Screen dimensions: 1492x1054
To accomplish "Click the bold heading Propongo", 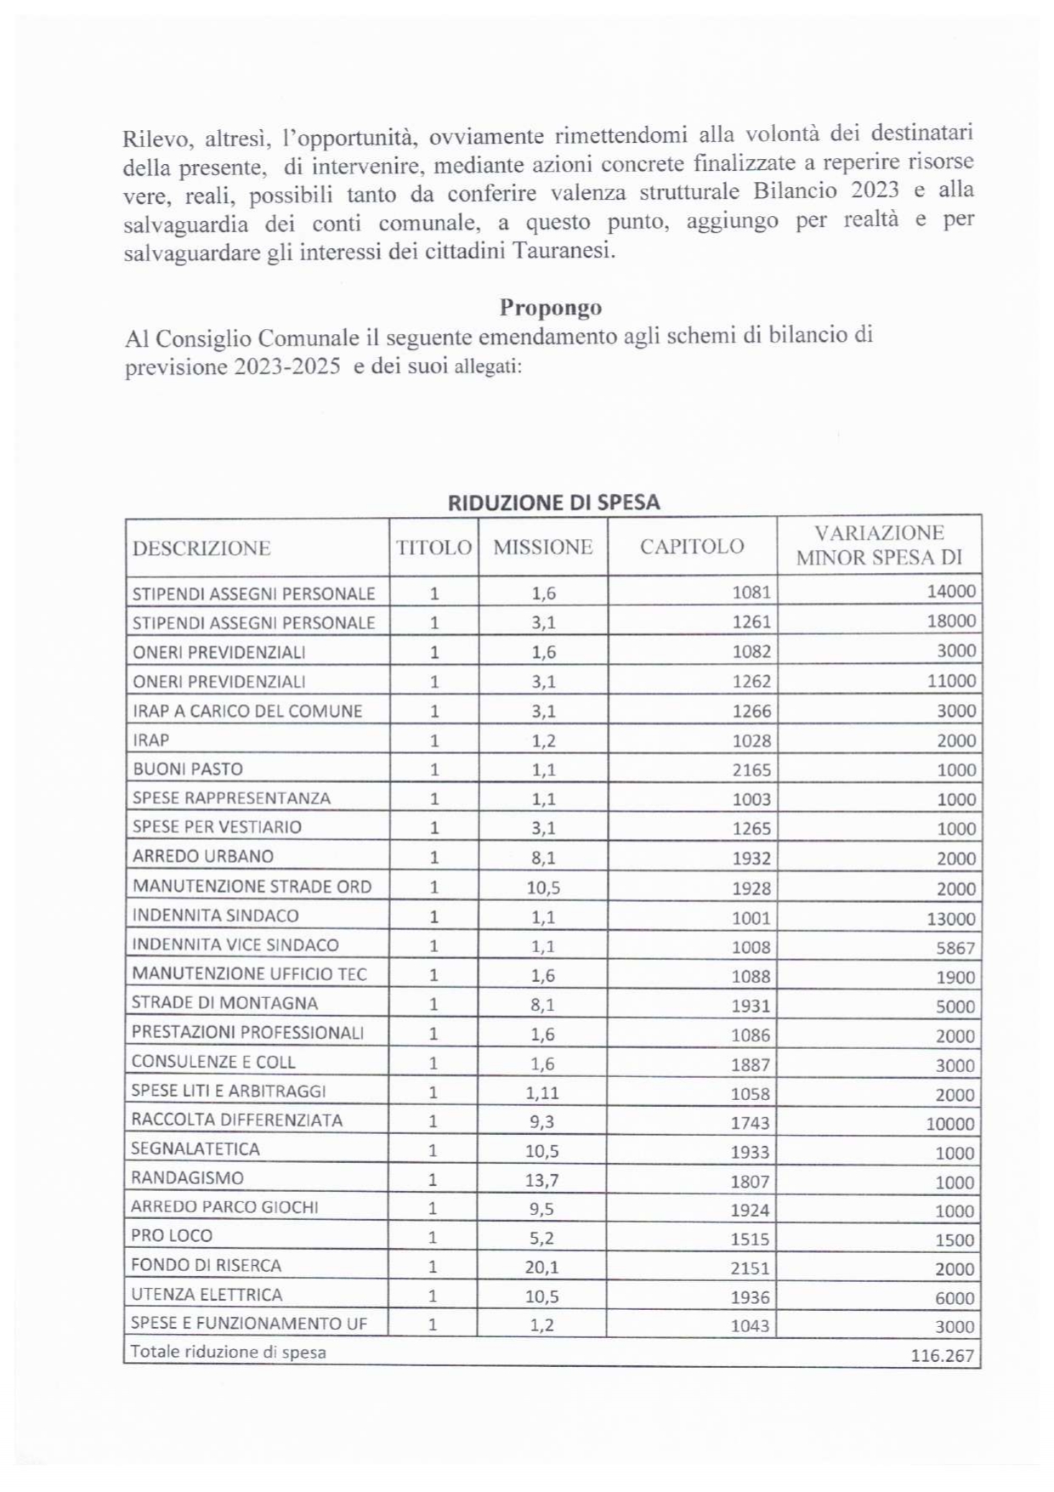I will click(550, 307).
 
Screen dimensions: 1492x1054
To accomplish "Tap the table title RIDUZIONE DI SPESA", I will click(553, 502).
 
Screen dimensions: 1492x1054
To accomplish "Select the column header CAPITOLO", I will click(691, 547).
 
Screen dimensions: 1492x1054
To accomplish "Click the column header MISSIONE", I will click(542, 547).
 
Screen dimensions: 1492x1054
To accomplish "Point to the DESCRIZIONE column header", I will click(201, 548).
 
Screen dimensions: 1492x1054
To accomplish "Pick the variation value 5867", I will click(955, 948).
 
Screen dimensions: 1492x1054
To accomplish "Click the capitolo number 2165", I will click(751, 770).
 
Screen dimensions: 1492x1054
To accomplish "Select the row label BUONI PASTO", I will click(188, 769).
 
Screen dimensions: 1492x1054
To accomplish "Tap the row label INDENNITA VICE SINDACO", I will click(235, 945).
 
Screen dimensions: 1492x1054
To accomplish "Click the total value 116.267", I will click(942, 1355).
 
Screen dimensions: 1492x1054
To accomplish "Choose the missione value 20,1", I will click(541, 1268).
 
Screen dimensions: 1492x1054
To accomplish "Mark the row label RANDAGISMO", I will click(187, 1178).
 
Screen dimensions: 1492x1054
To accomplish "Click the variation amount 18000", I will click(950, 621).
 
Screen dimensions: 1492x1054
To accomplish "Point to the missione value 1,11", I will click(541, 1093).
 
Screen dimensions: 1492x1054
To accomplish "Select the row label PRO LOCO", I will click(172, 1236).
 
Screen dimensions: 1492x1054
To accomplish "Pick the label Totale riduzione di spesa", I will click(228, 1352).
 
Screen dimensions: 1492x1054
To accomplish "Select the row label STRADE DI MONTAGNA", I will click(224, 1003).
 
